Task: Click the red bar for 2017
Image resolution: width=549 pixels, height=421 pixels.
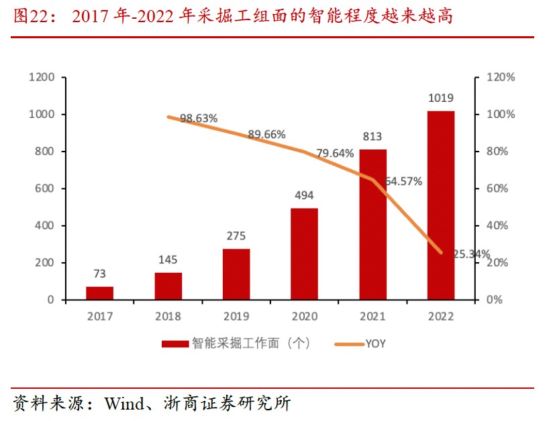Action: (x=99, y=293)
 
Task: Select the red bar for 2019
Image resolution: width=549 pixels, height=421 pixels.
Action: (x=236, y=274)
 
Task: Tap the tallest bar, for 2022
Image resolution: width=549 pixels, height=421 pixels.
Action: (x=441, y=205)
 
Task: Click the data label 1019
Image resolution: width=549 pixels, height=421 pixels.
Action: (x=441, y=99)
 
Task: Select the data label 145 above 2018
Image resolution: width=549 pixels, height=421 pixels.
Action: (x=168, y=259)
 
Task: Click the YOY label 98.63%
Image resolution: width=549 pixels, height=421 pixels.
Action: (x=199, y=119)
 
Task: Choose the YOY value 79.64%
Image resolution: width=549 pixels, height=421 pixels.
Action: (x=335, y=154)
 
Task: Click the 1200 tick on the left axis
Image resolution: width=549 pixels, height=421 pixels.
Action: (x=42, y=77)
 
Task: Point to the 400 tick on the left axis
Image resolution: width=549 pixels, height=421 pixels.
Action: (x=45, y=226)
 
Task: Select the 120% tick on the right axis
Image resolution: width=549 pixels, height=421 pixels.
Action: (x=500, y=77)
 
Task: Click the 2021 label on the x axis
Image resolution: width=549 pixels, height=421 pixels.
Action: (x=372, y=316)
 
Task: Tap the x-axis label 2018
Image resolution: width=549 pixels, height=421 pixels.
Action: (x=168, y=316)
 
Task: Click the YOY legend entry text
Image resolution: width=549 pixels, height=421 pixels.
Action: (x=375, y=344)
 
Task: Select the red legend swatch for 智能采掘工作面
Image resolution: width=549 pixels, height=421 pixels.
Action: (x=175, y=344)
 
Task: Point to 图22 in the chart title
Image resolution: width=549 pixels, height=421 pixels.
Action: (x=28, y=16)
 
